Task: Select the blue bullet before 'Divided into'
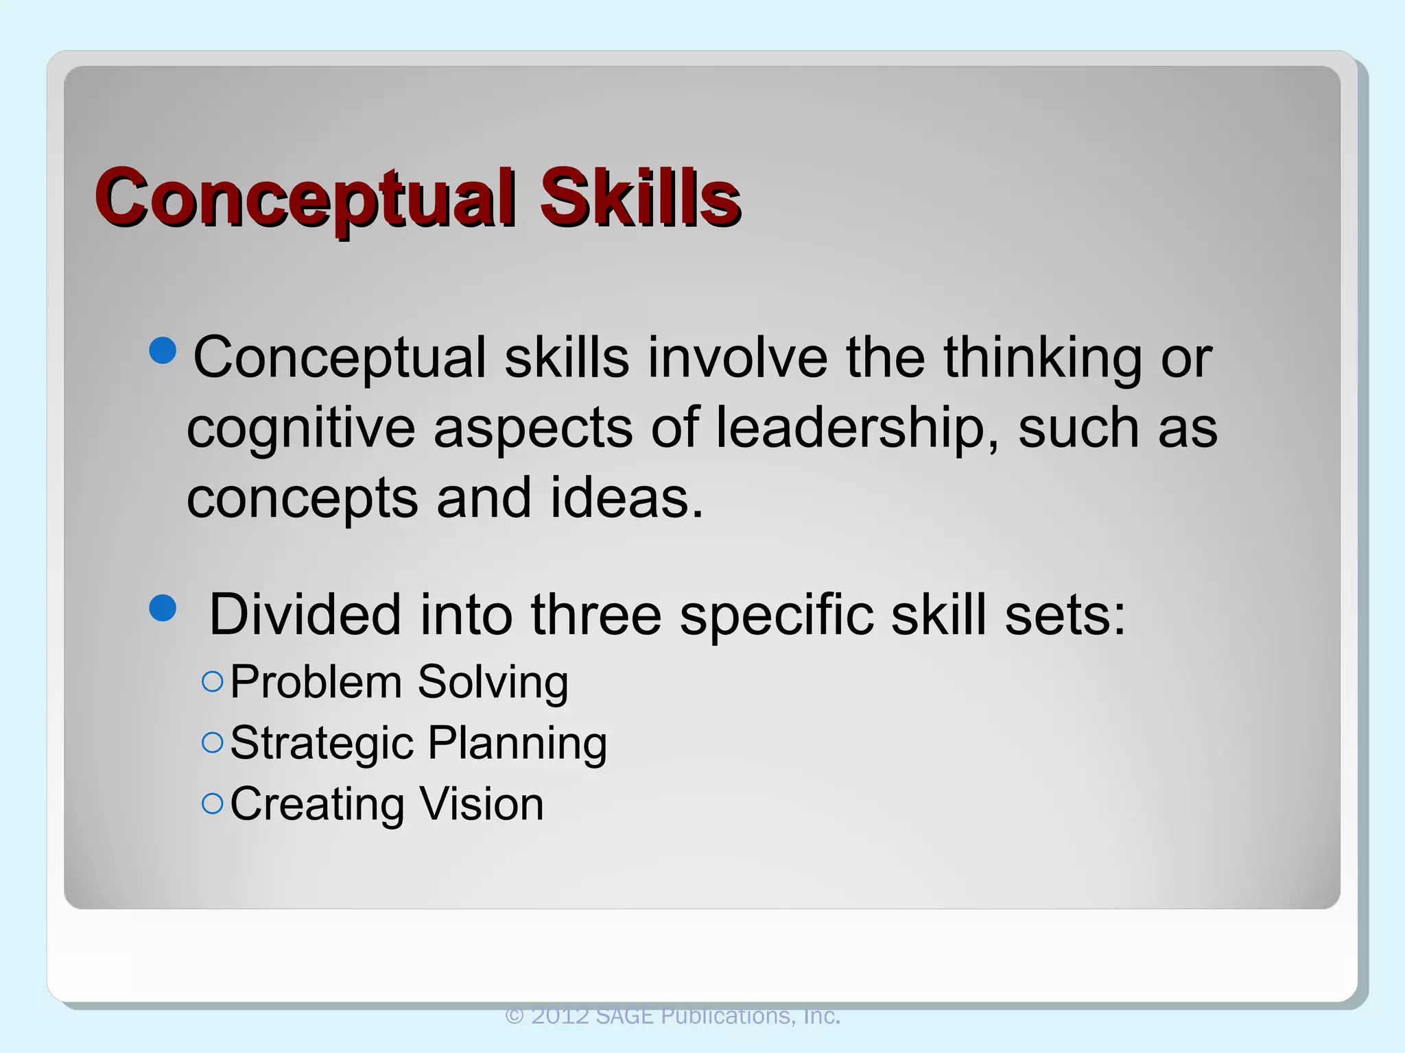click(x=163, y=607)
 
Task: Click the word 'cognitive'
click(x=301, y=428)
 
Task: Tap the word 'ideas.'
click(x=627, y=498)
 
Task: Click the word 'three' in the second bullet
click(x=595, y=614)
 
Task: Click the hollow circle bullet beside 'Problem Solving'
click(x=213, y=681)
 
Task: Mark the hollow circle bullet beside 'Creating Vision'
click(x=213, y=803)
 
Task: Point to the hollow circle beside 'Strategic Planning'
click(x=213, y=742)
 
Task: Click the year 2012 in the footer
click(x=560, y=1015)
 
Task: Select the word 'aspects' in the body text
click(x=533, y=428)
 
